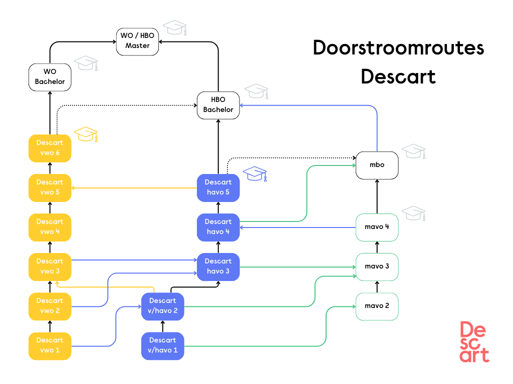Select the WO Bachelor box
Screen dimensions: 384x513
(50, 77)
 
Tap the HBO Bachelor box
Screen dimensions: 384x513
(218, 105)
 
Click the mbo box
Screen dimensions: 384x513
(377, 165)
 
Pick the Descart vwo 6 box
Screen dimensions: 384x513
(50, 148)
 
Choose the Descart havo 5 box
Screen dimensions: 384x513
(218, 187)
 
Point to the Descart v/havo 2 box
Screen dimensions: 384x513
(162, 306)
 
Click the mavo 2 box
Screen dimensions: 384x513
(377, 306)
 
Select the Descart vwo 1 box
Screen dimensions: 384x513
(50, 345)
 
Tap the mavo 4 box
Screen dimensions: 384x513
(377, 227)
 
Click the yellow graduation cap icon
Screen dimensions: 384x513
(86, 134)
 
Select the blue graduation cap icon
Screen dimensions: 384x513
(255, 174)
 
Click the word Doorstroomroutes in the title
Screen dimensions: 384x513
(398, 48)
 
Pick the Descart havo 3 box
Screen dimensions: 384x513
(218, 266)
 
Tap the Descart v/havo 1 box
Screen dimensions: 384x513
(162, 345)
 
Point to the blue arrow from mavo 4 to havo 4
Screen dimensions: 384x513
(298, 227)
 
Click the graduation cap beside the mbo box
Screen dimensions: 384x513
(414, 151)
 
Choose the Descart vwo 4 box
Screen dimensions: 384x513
(50, 227)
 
